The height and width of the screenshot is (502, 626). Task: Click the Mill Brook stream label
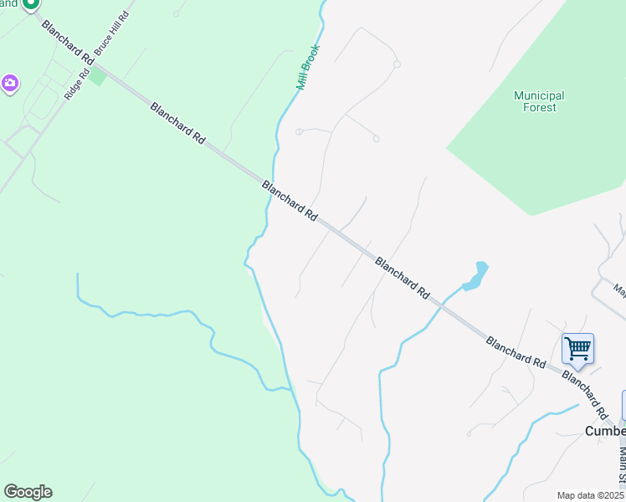(x=308, y=67)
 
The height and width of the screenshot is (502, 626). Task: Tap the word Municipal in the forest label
(x=539, y=95)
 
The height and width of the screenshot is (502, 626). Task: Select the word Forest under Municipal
(x=540, y=107)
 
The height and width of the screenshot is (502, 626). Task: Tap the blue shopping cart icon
(x=577, y=348)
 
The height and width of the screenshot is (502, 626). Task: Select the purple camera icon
(x=10, y=83)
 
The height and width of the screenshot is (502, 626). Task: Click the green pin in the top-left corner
(x=30, y=4)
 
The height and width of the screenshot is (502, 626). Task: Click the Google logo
(x=28, y=492)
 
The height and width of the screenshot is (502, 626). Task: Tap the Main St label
(x=622, y=465)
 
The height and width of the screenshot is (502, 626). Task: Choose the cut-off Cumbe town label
(x=604, y=431)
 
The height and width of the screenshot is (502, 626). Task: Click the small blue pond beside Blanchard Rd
(x=475, y=277)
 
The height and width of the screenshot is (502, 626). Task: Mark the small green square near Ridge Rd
(x=98, y=77)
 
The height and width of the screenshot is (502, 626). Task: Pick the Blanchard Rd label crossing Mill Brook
(x=290, y=201)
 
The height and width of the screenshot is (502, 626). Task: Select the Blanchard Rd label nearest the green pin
(x=67, y=44)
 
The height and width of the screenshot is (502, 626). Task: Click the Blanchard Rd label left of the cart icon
(x=516, y=352)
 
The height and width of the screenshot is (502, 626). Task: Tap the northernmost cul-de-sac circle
(x=397, y=64)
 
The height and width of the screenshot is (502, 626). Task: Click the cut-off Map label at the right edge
(x=620, y=291)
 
